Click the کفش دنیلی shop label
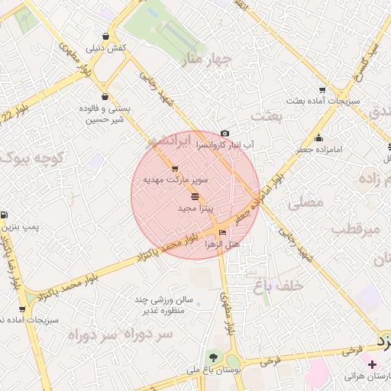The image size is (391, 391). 108,48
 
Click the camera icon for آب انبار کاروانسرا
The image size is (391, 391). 225,133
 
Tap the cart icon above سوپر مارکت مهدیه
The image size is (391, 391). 175,169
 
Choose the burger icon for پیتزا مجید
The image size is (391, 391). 194,196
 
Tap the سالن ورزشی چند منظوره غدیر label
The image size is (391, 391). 160,305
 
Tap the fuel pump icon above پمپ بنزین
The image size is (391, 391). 6,215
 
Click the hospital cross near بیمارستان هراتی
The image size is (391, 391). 372,365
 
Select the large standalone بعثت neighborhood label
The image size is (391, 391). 268,115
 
